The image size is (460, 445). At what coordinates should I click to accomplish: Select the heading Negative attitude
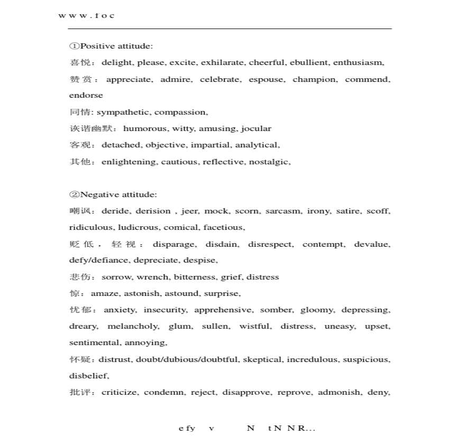(113, 194)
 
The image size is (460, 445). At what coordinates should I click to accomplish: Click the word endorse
(86, 95)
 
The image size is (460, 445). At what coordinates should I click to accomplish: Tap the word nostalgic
(270, 162)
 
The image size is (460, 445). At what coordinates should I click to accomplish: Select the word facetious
(225, 227)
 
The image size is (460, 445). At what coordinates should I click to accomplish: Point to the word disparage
(175, 244)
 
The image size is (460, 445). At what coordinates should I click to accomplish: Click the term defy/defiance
(99, 260)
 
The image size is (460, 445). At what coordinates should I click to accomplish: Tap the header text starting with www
(86, 15)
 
